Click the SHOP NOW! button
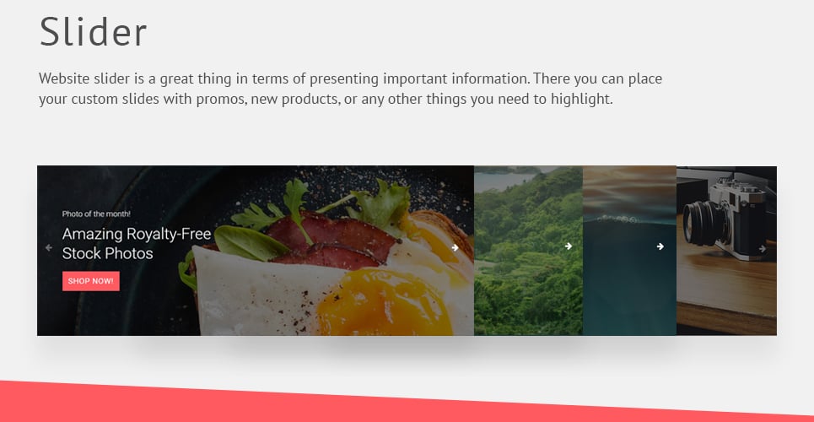(x=91, y=281)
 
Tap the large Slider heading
(x=94, y=32)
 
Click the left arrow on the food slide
(x=49, y=248)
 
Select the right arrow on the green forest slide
(x=569, y=246)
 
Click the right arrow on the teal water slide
(x=660, y=246)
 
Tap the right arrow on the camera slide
(x=762, y=249)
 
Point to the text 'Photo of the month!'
(x=96, y=214)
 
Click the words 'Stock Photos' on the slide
(x=107, y=253)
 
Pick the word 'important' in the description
(x=415, y=79)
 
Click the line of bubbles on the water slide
(x=616, y=219)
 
